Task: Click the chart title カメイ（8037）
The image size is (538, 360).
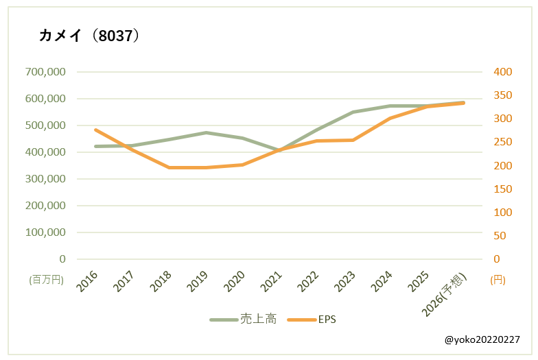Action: point(90,36)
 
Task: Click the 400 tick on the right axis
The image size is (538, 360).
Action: point(503,72)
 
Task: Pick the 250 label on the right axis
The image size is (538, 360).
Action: point(503,143)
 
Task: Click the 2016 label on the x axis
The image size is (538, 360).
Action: point(88,281)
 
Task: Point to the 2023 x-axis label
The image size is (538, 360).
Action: point(345,281)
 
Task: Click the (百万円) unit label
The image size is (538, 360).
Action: point(47,280)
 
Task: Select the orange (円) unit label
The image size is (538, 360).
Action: point(498,280)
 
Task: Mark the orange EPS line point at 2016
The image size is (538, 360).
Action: point(95,130)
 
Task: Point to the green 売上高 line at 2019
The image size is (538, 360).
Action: point(206,132)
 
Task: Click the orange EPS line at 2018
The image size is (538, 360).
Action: point(169,167)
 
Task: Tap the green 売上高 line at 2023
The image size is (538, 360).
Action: point(353,112)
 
